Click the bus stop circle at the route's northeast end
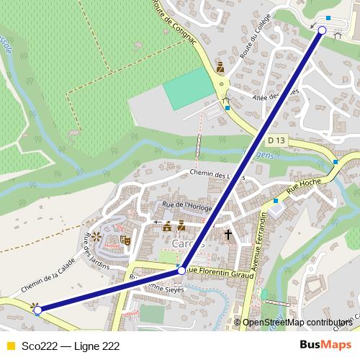coord(322,30)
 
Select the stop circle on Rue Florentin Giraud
coord(181,271)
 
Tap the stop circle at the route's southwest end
coord(37,310)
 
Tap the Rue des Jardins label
coord(95,251)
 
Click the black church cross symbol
coord(228,234)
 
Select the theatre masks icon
coord(125,240)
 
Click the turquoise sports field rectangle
coord(190,89)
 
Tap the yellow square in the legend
coord(10,346)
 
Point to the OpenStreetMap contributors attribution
coord(297,323)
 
